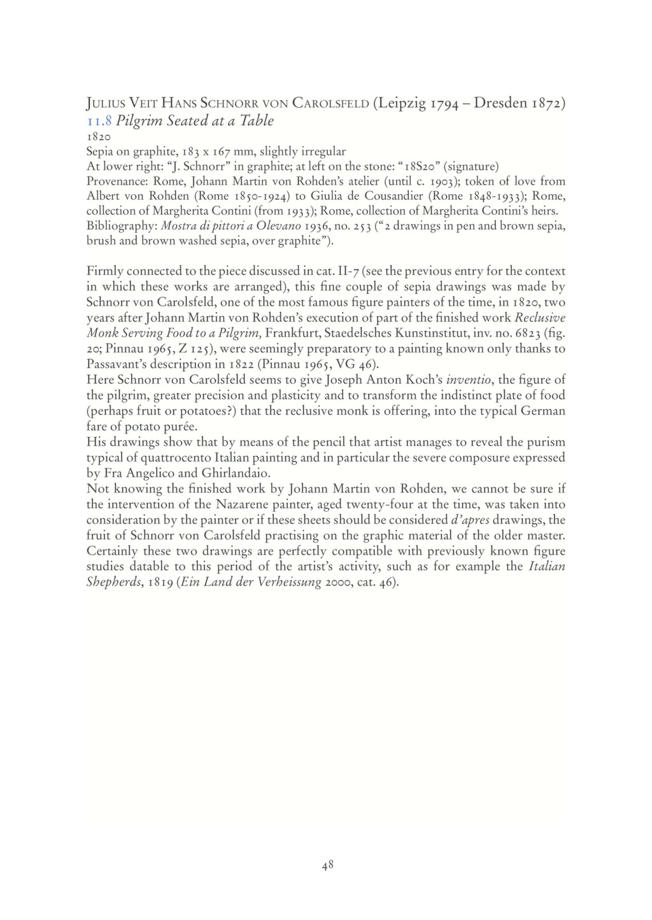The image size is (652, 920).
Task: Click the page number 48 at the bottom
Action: [327, 865]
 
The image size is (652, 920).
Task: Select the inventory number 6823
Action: [526, 333]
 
